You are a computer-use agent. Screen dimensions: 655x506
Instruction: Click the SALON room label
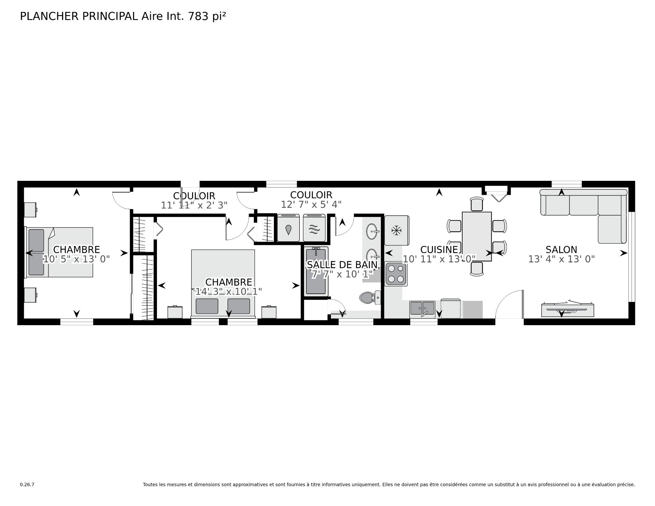pos(561,249)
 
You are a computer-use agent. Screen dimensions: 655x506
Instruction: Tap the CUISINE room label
pos(439,249)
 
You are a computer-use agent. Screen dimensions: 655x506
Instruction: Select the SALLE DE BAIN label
pos(342,264)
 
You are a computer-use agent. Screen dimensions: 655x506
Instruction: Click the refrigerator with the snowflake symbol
pos(396,230)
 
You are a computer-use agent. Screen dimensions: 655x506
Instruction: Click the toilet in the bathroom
pos(370,298)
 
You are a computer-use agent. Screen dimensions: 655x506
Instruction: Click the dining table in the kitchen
pos(477,236)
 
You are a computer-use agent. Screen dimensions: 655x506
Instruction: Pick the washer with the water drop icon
pos(289,228)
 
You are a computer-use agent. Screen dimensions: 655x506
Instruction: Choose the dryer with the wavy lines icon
pos(314,228)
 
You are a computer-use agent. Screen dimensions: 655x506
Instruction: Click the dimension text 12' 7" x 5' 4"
pos(311,204)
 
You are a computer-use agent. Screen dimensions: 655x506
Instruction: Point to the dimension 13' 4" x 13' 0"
pos(561,259)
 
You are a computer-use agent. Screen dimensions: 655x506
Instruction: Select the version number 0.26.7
pos(27,485)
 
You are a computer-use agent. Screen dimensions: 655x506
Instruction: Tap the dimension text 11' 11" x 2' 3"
pos(194,205)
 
